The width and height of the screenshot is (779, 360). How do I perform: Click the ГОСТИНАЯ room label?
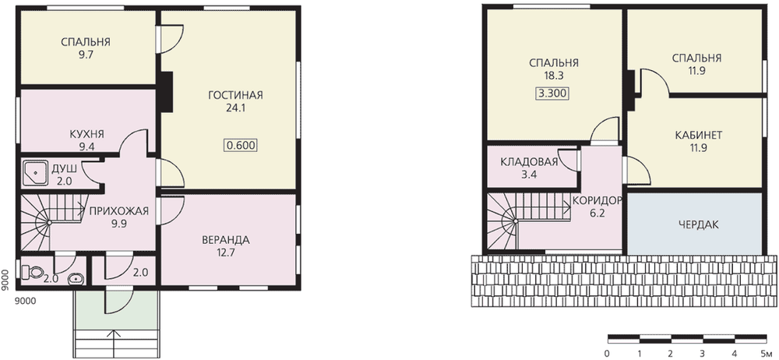pyautogui.click(x=235, y=95)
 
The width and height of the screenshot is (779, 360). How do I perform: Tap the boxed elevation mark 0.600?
pyautogui.click(x=241, y=146)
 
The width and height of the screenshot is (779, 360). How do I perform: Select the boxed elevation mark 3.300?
pyautogui.click(x=552, y=94)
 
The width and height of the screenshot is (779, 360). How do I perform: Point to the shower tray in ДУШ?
pyautogui.click(x=33, y=172)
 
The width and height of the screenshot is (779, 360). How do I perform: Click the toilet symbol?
pyautogui.click(x=31, y=272)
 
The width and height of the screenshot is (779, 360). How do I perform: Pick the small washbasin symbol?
pyautogui.click(x=76, y=279)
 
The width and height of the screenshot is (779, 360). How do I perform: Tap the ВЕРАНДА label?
pyautogui.click(x=226, y=240)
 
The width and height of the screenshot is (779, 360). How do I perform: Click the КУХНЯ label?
pyautogui.click(x=86, y=134)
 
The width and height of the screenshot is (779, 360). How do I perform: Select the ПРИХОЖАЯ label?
pyautogui.click(x=118, y=211)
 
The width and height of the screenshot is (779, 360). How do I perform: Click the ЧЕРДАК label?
pyautogui.click(x=698, y=224)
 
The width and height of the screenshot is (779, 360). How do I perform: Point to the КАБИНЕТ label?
pyautogui.click(x=698, y=136)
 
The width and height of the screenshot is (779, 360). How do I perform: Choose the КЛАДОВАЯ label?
pyautogui.click(x=529, y=162)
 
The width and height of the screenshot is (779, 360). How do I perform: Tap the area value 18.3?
pyautogui.click(x=553, y=76)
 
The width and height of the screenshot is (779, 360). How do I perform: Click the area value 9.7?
pyautogui.click(x=86, y=55)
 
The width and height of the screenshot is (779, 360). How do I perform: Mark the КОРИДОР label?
pyautogui.click(x=597, y=201)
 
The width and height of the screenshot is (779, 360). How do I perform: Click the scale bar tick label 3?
pyautogui.click(x=703, y=354)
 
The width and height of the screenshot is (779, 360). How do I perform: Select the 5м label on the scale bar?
pyautogui.click(x=765, y=354)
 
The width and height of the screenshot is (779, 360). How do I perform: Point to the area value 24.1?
pyautogui.click(x=235, y=108)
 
